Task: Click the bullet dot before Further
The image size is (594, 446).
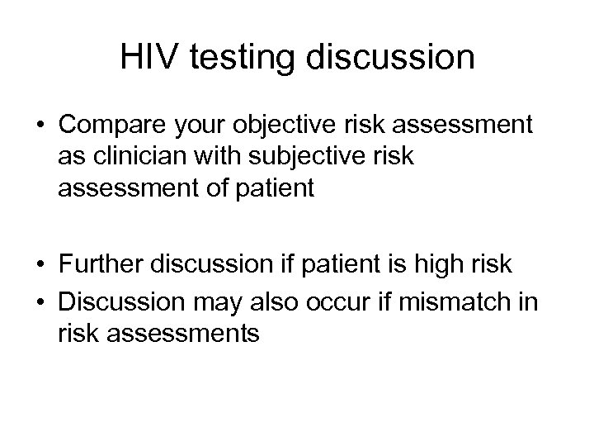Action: [40, 266]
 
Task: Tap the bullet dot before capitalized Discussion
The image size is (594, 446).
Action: [40, 299]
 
